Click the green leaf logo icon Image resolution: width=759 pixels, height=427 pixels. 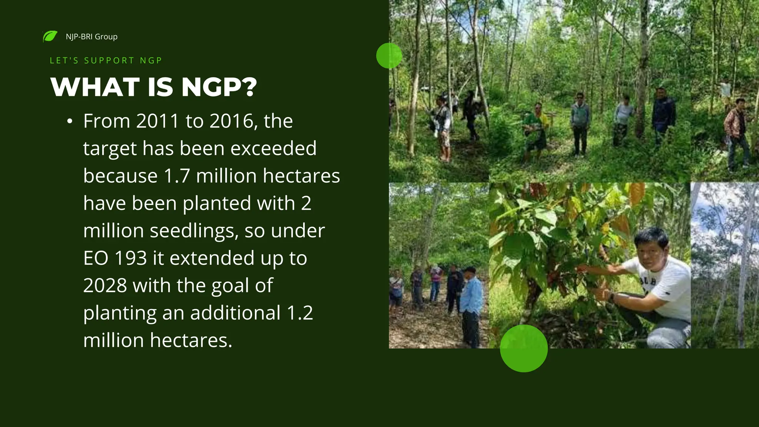[50, 36]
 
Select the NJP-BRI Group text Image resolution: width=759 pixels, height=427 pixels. [92, 37]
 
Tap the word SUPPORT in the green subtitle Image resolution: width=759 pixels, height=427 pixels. [109, 60]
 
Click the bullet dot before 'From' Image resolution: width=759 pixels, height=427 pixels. [69, 122]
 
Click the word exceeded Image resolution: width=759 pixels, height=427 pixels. [274, 149]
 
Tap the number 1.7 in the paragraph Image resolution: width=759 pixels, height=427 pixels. [177, 176]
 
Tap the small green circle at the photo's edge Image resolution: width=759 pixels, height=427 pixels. [389, 56]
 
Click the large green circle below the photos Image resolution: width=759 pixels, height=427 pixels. [524, 348]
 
